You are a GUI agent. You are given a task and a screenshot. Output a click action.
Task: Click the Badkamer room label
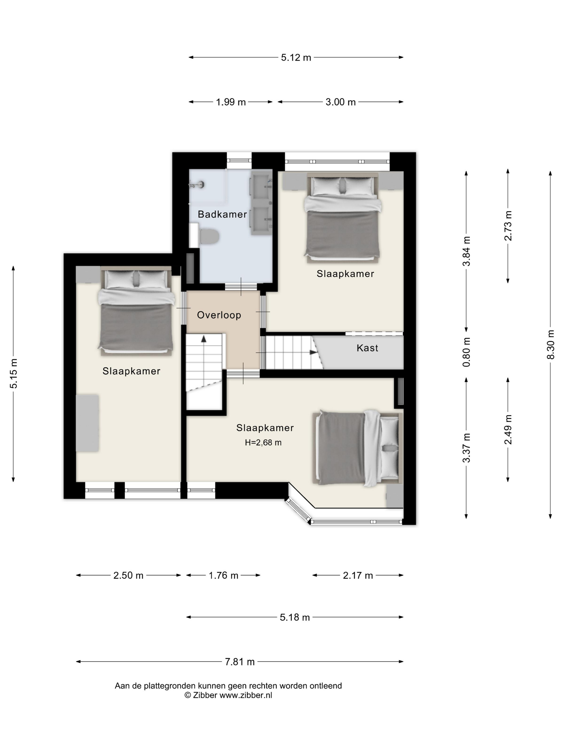pos(222,214)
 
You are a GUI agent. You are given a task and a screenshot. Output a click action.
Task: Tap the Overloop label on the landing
pos(219,315)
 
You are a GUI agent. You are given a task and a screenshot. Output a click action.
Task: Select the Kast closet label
pos(367,348)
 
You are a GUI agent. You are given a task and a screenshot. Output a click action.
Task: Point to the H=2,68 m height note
pos(263,443)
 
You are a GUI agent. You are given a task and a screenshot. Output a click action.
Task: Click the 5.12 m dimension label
pos(296,57)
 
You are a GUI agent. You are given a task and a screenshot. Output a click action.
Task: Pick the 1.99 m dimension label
pos(231,102)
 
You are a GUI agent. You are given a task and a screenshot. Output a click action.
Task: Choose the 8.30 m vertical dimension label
pos(551,344)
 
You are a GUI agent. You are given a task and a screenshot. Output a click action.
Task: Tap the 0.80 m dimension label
pos(467,352)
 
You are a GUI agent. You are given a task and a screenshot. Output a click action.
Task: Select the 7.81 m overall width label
pos(240,662)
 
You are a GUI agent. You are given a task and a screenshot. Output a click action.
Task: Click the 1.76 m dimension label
pos(223,576)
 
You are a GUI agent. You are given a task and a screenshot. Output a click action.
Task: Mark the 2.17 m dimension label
pos(358,576)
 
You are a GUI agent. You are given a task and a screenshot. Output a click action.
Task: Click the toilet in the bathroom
pos(208,236)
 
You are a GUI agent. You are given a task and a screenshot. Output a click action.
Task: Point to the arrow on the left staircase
pos(204,339)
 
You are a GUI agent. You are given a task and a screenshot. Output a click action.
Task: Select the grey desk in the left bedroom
pos(87,423)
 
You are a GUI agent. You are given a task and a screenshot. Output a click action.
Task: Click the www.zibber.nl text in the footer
pos(246,695)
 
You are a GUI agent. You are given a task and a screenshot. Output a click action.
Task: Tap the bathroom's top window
pos(239,160)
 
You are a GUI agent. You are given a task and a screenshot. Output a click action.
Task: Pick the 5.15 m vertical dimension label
pos(14,373)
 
